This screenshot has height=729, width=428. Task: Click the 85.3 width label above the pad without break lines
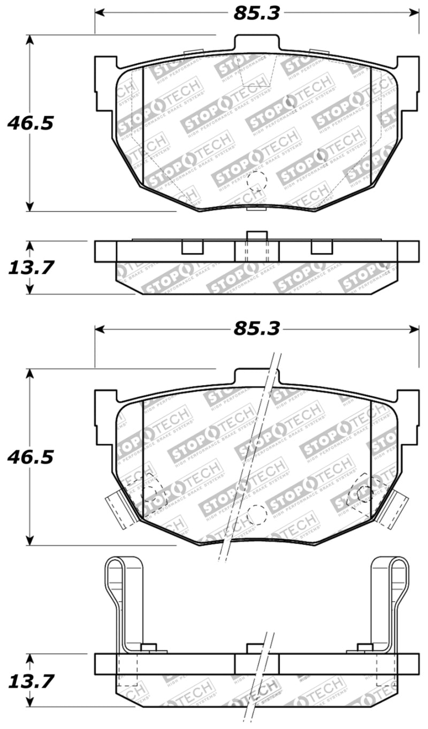[256, 13]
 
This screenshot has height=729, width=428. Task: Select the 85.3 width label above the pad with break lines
[256, 329]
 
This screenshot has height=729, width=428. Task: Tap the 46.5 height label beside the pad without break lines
[30, 123]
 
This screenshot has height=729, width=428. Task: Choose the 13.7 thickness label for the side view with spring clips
[30, 681]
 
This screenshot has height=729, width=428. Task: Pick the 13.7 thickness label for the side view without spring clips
[30, 267]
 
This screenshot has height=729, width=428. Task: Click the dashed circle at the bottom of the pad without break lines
[256, 181]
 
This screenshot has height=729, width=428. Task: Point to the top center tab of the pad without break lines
[256, 43]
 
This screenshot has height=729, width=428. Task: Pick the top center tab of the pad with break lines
[256, 376]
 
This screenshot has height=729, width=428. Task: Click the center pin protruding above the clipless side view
[256, 236]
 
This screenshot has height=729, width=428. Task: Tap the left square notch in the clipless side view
[192, 247]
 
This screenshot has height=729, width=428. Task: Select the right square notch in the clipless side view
[322, 247]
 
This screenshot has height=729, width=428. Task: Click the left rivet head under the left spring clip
[149, 648]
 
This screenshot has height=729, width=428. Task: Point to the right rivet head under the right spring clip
[365, 648]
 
